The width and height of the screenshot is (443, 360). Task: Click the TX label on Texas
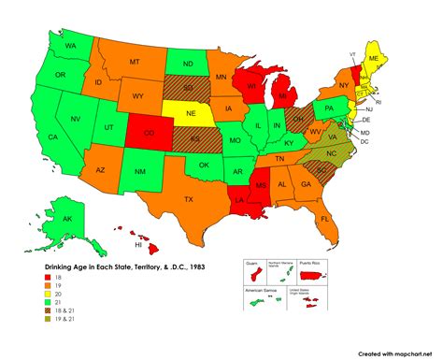coord(188,199)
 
